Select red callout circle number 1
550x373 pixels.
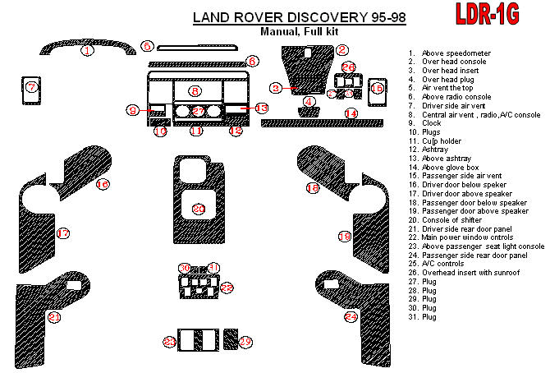pyautogui.click(x=87, y=51)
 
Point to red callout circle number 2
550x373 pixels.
pyautogui.click(x=341, y=51)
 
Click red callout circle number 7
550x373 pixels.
pyautogui.click(x=31, y=87)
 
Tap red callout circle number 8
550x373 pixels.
pyautogui.click(x=194, y=90)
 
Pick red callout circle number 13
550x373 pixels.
pyautogui.click(x=261, y=108)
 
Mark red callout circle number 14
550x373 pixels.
pyautogui.click(x=351, y=113)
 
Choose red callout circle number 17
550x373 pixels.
pyautogui.click(x=62, y=234)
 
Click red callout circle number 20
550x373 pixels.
pyautogui.click(x=198, y=210)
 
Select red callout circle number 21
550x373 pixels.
pyautogui.click(x=55, y=316)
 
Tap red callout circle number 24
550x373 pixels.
pyautogui.click(x=351, y=316)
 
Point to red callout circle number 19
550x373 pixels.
pyautogui.click(x=345, y=237)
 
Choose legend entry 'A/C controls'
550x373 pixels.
pyautogui.click(x=444, y=265)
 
